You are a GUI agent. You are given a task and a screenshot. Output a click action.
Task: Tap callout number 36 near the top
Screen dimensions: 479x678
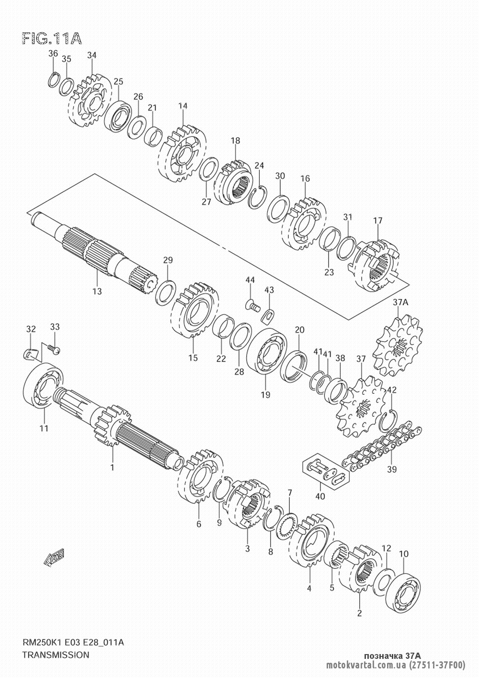pyautogui.click(x=53, y=54)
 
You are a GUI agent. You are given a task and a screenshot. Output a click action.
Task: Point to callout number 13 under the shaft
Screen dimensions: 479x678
pyautogui.click(x=97, y=291)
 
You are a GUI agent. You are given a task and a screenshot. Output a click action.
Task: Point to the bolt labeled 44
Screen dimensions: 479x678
pyautogui.click(x=253, y=306)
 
